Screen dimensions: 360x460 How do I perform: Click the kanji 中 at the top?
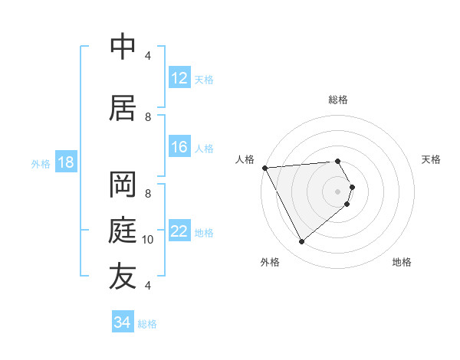click(x=123, y=47)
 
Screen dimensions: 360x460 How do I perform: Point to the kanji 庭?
click(x=123, y=231)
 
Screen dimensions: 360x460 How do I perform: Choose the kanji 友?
click(x=123, y=277)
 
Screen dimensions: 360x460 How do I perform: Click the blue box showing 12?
click(x=179, y=78)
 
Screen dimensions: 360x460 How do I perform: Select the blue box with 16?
click(x=179, y=147)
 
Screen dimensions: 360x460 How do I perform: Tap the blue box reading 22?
click(x=179, y=231)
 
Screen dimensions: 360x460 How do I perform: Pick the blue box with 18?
click(x=65, y=162)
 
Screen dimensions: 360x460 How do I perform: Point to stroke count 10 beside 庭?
click(x=148, y=240)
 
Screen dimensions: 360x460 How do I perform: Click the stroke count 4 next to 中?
click(x=148, y=56)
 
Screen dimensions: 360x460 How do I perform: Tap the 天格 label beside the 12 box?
click(x=204, y=79)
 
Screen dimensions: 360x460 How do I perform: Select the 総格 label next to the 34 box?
click(x=147, y=324)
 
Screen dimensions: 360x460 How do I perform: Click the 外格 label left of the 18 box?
click(x=41, y=163)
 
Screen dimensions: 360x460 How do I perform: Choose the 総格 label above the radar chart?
click(x=337, y=100)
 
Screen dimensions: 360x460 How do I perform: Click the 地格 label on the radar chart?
click(x=402, y=262)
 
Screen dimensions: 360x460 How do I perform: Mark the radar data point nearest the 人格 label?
click(x=264, y=167)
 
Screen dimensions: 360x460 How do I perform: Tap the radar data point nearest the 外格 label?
click(x=301, y=242)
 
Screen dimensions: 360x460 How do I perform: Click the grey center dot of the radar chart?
click(x=337, y=191)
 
